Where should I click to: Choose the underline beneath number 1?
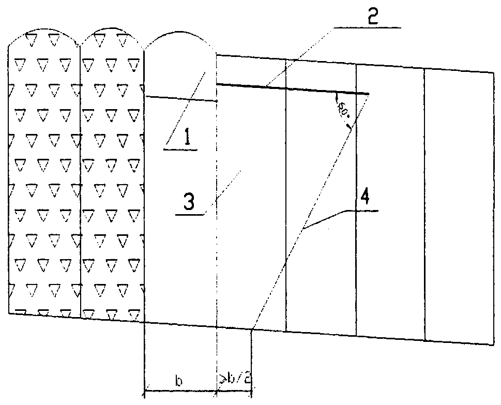click(x=180, y=149)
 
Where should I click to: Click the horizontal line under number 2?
click(x=367, y=26)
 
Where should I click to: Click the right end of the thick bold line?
click(x=369, y=94)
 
